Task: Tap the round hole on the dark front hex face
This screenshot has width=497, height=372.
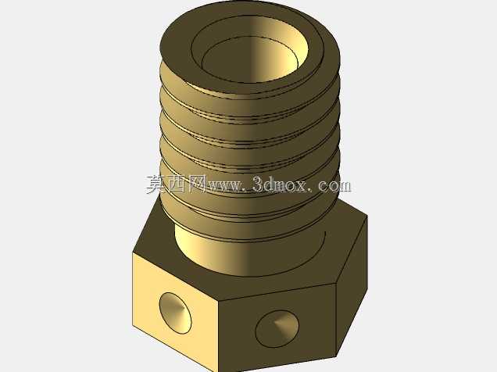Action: tap(277, 328)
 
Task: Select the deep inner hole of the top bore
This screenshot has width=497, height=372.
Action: tap(248, 62)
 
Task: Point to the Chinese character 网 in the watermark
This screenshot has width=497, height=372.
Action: tap(196, 184)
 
